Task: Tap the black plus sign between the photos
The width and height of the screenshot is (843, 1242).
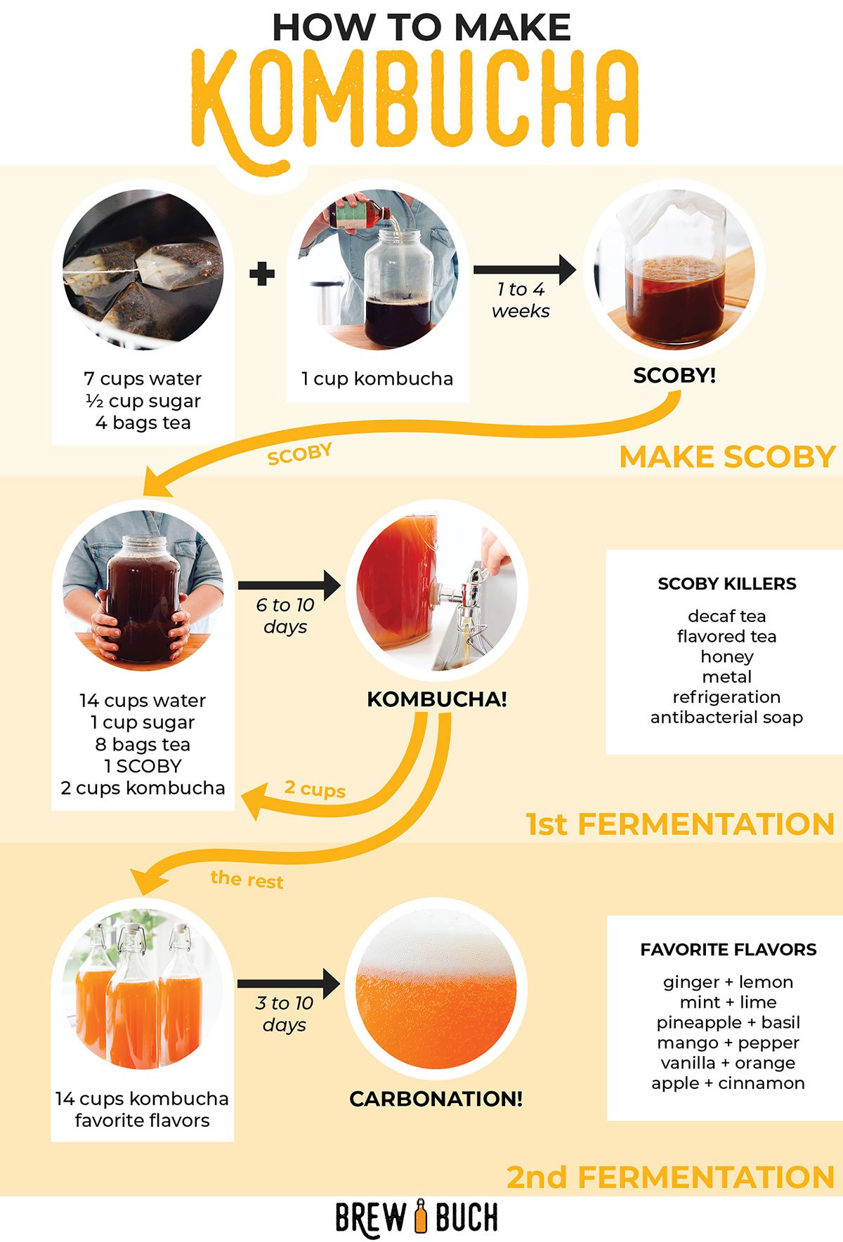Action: tap(261, 274)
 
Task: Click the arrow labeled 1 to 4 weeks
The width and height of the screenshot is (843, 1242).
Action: tap(524, 270)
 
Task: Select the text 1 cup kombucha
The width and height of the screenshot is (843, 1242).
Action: tap(377, 379)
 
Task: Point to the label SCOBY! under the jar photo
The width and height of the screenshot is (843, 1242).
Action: tap(674, 376)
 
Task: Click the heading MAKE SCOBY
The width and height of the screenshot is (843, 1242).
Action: tap(727, 457)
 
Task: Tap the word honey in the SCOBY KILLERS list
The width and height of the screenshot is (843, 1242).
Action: tap(726, 656)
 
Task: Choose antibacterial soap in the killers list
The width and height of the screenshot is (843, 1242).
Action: tap(726, 718)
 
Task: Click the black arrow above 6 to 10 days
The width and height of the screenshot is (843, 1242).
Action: tap(289, 585)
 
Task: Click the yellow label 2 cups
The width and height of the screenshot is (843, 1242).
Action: tap(315, 788)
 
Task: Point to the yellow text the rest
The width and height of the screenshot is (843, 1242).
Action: tap(247, 879)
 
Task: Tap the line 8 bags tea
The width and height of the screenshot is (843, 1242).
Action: tap(143, 744)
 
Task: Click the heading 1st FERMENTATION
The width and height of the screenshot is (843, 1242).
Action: tap(680, 824)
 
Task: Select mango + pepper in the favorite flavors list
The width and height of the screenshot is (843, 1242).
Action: tap(728, 1043)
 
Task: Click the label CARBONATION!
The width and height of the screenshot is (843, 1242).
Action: tap(436, 1099)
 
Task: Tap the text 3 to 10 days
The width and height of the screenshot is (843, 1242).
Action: tap(285, 1014)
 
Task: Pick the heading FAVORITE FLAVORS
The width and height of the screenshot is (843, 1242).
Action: tap(728, 950)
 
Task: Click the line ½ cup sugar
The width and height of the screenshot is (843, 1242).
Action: tap(143, 401)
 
